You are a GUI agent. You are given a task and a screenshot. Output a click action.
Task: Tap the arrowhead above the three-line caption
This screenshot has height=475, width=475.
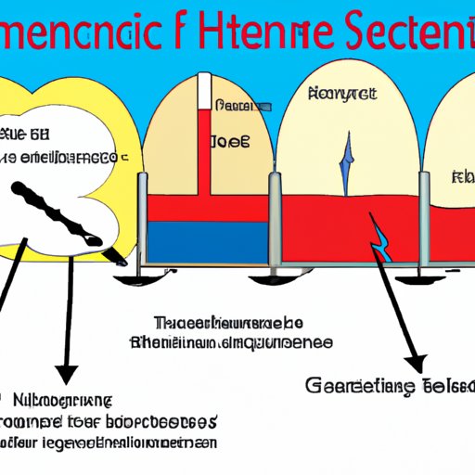(x=66, y=372)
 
